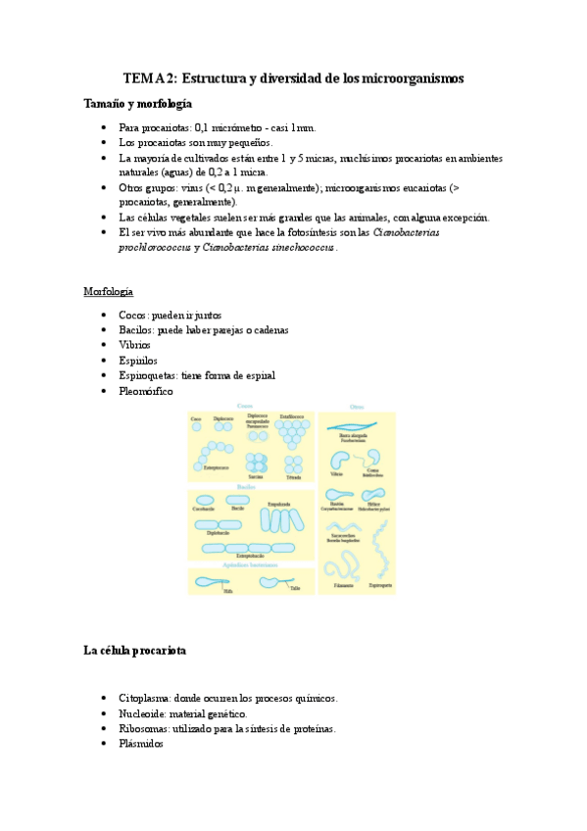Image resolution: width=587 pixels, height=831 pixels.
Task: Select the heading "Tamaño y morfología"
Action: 137,103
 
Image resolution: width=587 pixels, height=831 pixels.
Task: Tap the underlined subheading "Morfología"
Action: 108,292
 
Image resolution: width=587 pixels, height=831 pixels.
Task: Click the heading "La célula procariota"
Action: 136,651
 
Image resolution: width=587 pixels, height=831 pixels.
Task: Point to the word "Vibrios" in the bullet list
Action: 134,345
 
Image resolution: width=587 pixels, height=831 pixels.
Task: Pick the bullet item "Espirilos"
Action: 137,361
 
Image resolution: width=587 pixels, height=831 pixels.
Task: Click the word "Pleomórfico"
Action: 145,391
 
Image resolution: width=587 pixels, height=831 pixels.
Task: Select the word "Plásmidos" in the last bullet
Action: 142,744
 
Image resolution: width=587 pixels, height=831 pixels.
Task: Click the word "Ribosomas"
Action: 143,729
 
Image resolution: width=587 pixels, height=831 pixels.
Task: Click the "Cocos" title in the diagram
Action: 245,406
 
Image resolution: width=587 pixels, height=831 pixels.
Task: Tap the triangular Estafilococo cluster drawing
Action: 292,434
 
